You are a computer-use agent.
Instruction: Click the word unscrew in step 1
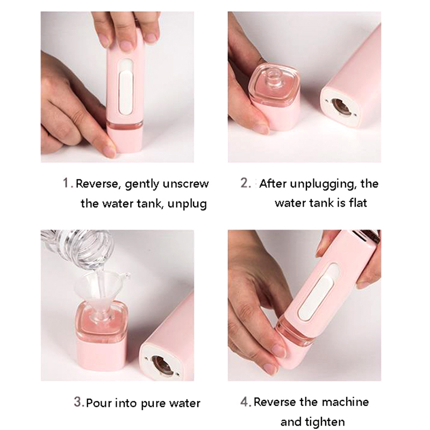tap(185, 184)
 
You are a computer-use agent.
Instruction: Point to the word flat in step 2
tap(358, 203)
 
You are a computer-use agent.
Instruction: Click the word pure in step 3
tap(153, 404)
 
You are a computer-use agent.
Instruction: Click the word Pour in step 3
tap(99, 403)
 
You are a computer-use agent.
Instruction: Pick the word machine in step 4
tap(345, 402)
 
